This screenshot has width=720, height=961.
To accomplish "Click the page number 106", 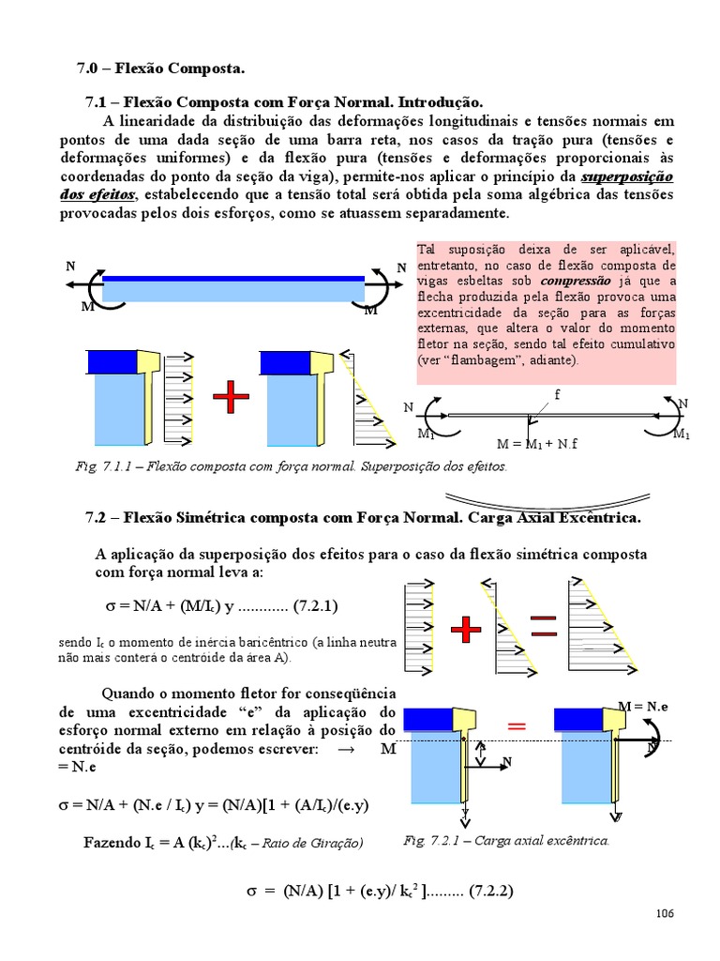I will click(665, 913).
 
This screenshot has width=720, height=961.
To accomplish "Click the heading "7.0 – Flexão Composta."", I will click(159, 69).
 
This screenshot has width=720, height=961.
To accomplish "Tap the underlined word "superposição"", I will click(627, 176).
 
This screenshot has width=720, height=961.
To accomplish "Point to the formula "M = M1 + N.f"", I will click(537, 444).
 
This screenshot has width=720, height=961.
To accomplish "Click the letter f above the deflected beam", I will click(556, 394).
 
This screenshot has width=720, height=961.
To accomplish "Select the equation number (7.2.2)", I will click(486, 891).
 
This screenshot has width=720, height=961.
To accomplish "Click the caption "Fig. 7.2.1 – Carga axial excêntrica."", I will click(505, 840).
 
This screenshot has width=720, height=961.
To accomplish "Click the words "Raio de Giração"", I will click(318, 842).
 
